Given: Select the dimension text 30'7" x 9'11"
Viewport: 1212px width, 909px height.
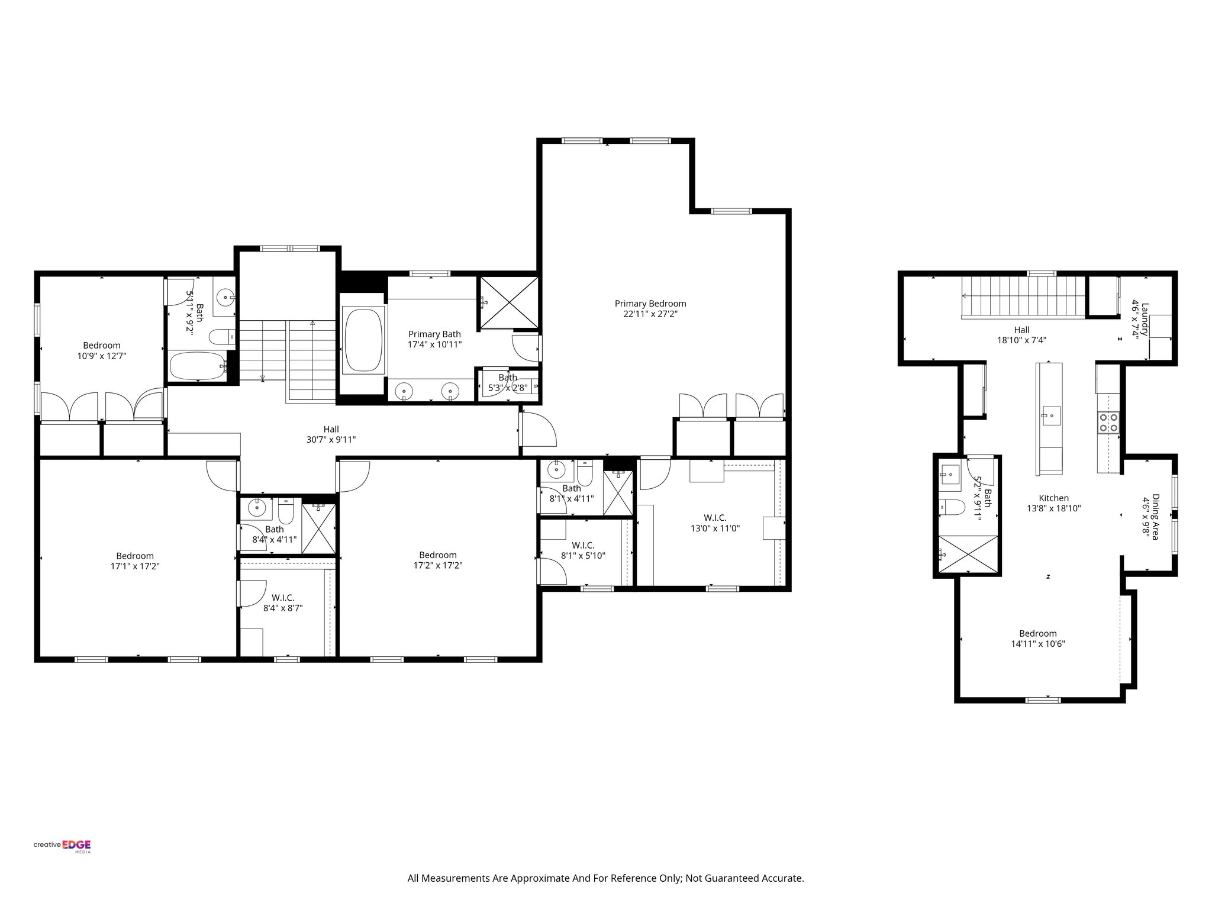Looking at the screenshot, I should pos(331,440).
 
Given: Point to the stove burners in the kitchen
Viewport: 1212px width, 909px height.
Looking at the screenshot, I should pos(1108,423).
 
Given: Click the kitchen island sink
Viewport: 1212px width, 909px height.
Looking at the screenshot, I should pos(1049,415).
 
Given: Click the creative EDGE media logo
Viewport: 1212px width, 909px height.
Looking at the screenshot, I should pos(62,846).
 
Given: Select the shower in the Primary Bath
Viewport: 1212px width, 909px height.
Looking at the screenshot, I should pos(508,302).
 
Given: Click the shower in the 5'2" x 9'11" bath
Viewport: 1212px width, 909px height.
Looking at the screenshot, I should pos(967,553).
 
